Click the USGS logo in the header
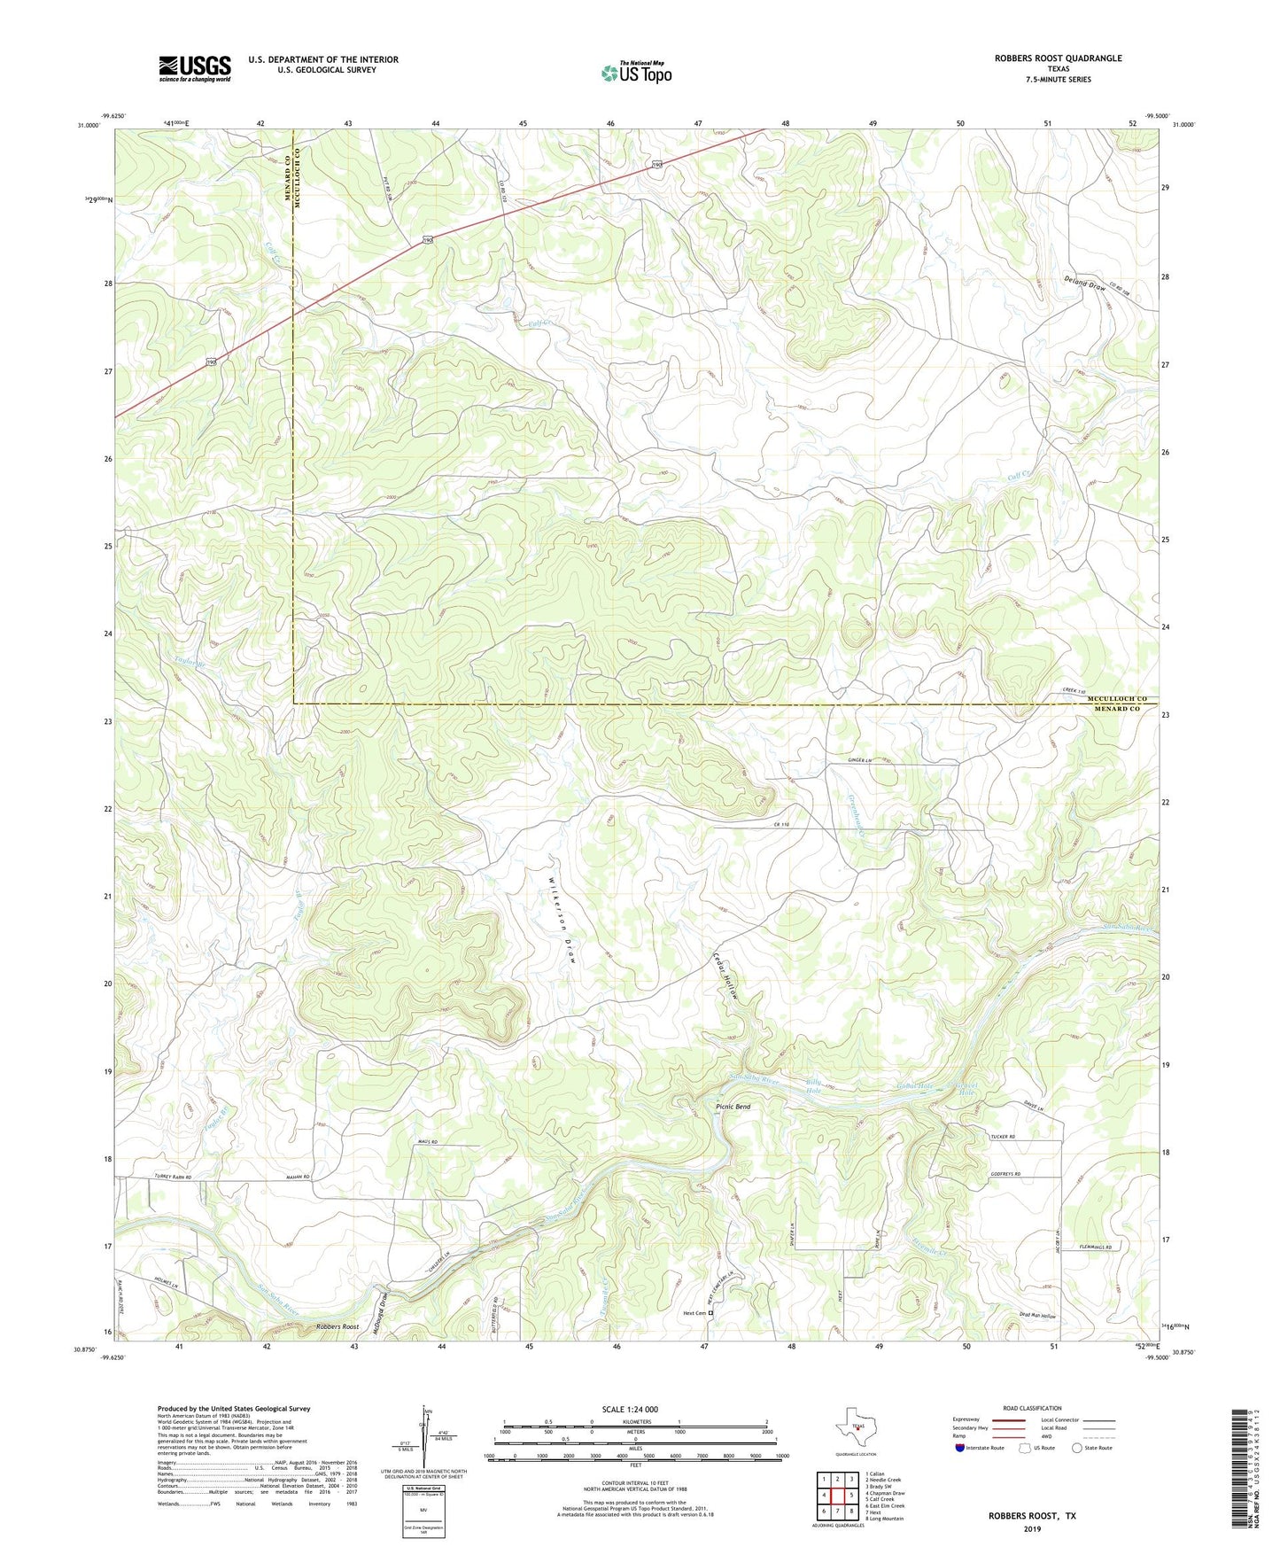[194, 68]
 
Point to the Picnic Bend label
[733, 1107]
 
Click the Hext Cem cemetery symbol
[711, 1313]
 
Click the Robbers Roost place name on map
[337, 1326]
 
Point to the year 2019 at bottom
[1032, 1528]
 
